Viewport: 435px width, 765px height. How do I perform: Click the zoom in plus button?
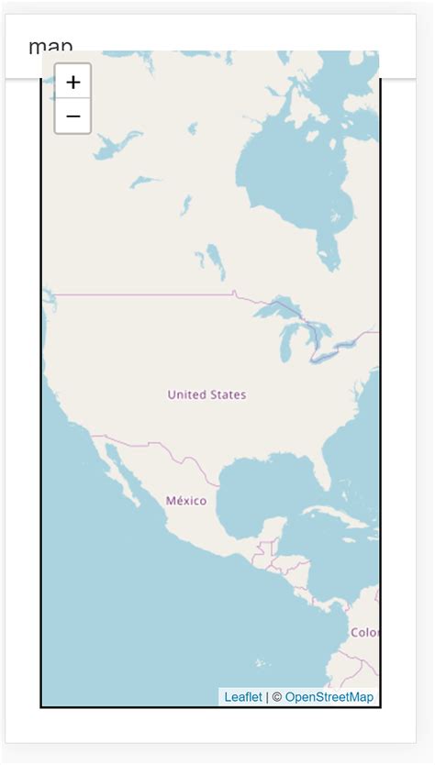pyautogui.click(x=73, y=82)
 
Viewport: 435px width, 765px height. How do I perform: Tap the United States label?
pyautogui.click(x=206, y=394)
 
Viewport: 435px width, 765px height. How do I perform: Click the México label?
pyautogui.click(x=186, y=501)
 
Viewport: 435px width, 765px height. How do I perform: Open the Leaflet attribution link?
pyautogui.click(x=243, y=697)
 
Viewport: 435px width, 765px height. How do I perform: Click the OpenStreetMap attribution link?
pyautogui.click(x=329, y=697)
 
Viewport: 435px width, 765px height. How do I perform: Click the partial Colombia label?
pyautogui.click(x=365, y=632)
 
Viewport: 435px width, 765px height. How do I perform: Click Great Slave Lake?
pyautogui.click(x=117, y=144)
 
